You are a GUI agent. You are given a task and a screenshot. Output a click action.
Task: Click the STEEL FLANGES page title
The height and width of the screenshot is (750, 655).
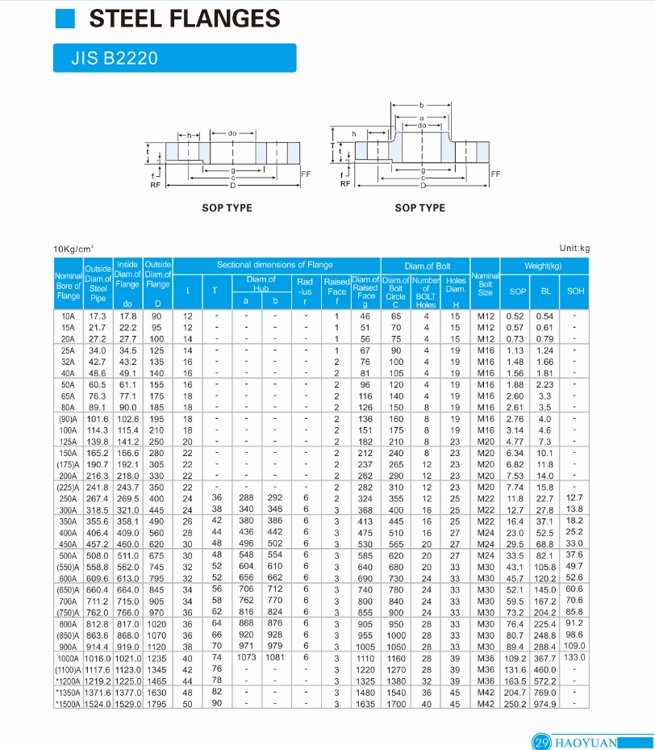click(184, 19)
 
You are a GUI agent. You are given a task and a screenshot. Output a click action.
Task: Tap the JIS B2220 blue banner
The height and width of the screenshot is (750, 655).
click(173, 58)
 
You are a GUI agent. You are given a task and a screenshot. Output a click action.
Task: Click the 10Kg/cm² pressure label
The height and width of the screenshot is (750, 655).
click(73, 249)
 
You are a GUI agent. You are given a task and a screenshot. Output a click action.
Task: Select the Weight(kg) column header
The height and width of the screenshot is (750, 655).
click(542, 266)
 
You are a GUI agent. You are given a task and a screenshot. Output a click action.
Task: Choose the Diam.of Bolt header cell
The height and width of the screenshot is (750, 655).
click(427, 266)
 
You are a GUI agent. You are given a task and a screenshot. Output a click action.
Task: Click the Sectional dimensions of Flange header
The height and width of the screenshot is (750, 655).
click(274, 265)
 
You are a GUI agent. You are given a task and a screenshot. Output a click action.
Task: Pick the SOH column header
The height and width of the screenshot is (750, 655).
click(575, 291)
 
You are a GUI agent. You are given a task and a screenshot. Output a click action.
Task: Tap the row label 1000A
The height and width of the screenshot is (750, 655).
click(68, 658)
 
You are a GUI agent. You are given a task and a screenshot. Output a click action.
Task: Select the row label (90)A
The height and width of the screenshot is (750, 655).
click(68, 420)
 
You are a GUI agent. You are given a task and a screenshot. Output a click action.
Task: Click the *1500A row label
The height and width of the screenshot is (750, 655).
click(68, 704)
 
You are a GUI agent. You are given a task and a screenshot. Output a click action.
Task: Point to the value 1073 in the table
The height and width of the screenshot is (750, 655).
click(246, 658)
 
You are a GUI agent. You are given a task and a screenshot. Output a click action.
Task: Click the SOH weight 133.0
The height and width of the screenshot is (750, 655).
click(574, 658)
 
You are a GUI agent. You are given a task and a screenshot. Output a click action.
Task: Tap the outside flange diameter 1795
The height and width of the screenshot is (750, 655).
click(157, 704)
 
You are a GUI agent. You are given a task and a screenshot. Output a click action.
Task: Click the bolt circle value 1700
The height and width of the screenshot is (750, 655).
click(395, 704)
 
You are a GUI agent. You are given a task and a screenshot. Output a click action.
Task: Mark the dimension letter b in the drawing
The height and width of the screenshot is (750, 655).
click(421, 106)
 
